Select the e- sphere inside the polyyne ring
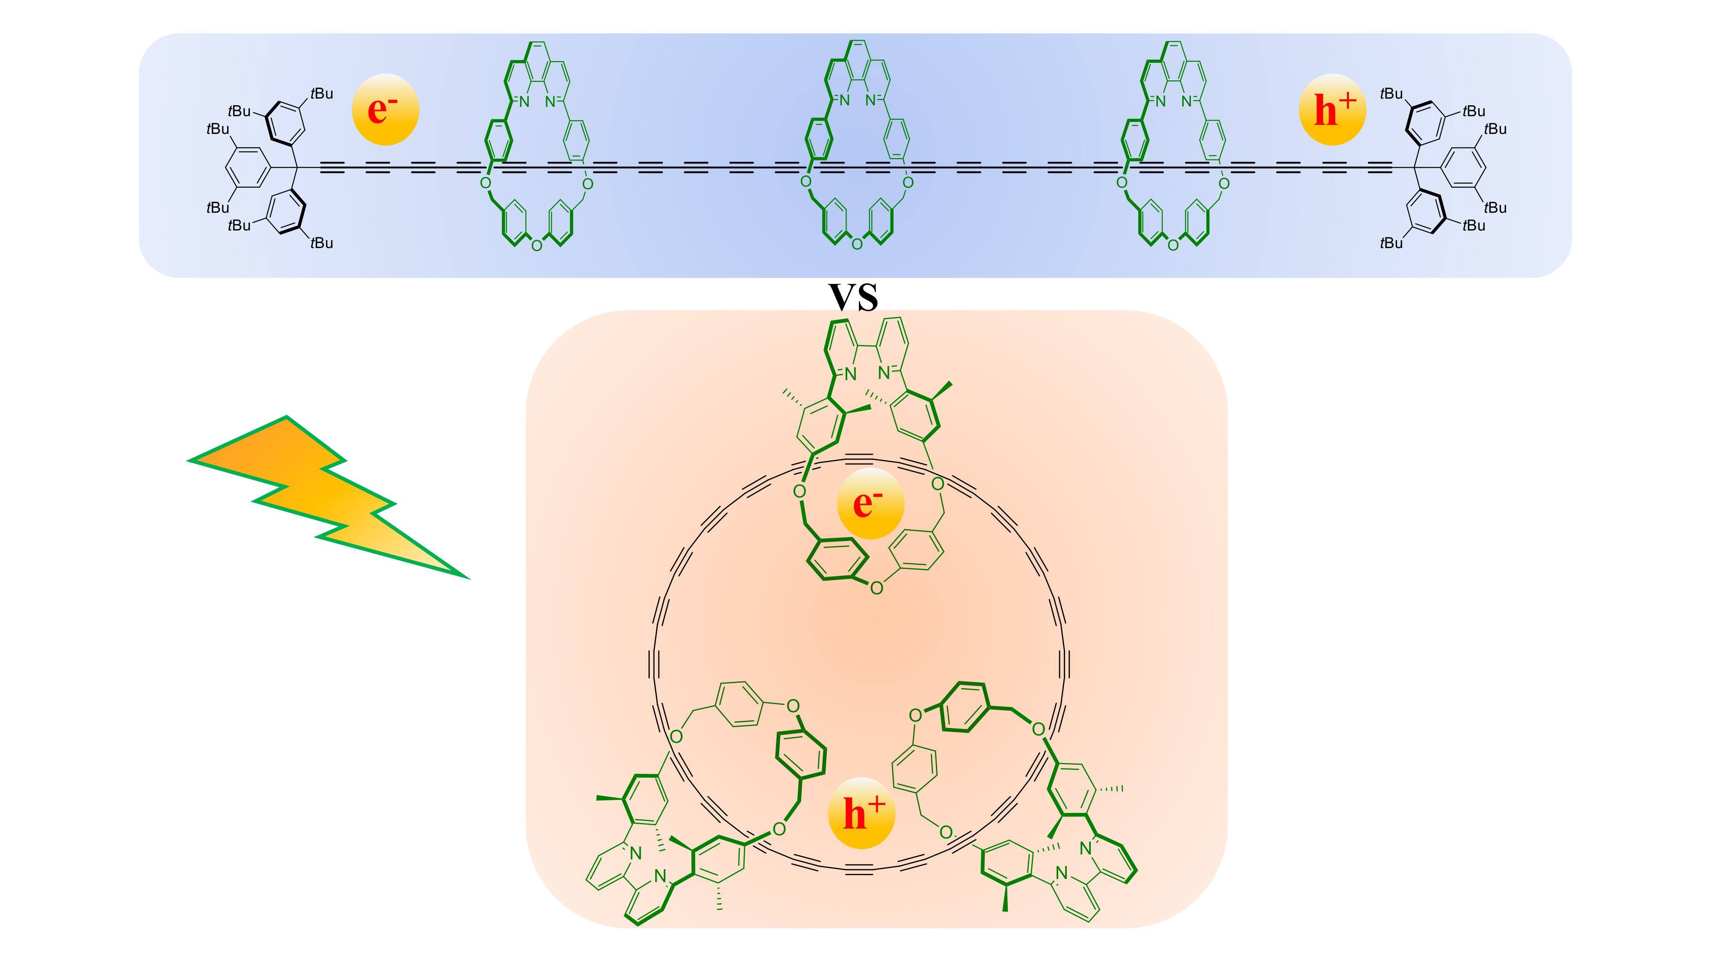pos(870,503)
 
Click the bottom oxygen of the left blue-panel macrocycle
pos(537,245)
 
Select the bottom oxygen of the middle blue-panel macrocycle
pos(857,245)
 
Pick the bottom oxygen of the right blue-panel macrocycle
pos(1173,245)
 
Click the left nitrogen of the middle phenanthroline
pos(844,102)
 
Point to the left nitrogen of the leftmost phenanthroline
pos(524,102)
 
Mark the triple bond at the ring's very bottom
pos(861,870)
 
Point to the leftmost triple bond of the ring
pos(656,664)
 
